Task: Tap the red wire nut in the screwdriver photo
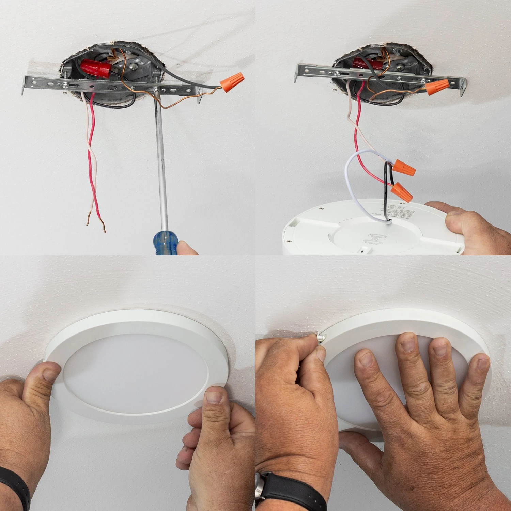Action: (96, 68)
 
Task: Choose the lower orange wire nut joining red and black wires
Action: (402, 191)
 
